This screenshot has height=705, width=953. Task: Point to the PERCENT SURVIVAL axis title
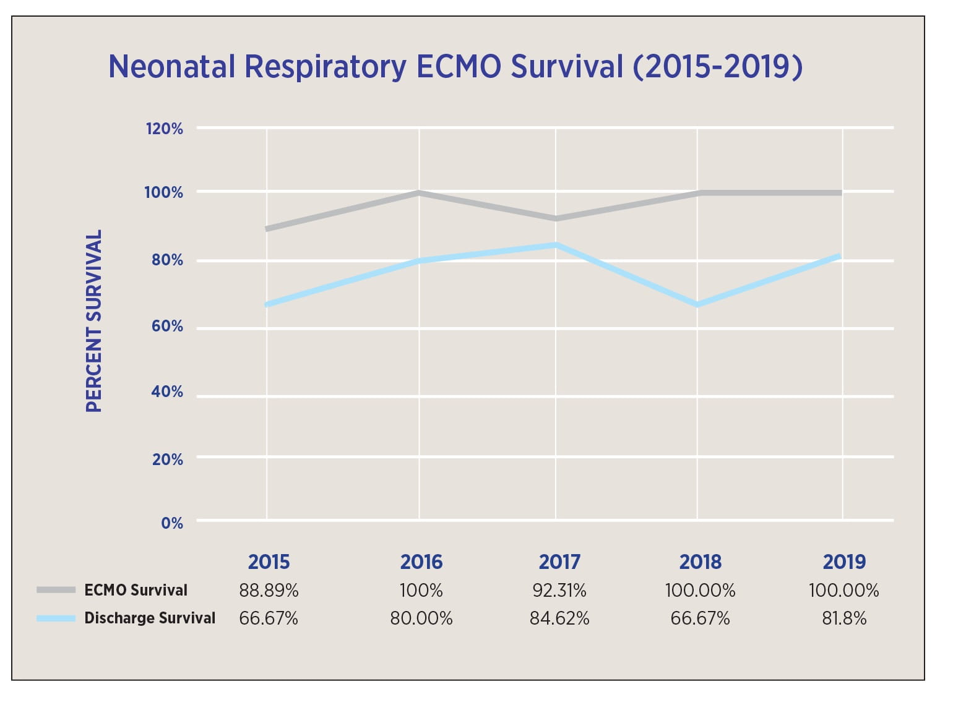pos(93,321)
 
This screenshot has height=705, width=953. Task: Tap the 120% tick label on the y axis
pos(164,129)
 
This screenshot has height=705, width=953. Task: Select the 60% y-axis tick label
pos(166,326)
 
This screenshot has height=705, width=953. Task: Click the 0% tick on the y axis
pos(172,523)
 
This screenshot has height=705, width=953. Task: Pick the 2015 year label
pos(269,562)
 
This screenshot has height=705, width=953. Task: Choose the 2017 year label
pos(559,562)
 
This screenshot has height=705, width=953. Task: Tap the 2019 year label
pos(844,562)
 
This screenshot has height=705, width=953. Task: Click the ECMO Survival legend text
pos(136,590)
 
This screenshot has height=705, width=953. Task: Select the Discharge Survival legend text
pos(150,618)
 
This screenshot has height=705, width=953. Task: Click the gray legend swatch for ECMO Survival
pos(56,590)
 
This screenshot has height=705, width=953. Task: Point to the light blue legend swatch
pos(56,618)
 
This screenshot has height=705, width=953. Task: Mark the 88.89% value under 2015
pos(269,591)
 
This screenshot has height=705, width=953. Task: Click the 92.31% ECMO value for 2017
pos(559,591)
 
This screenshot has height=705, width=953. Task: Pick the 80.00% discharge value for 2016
pos(421,618)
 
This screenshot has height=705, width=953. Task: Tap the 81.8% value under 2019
pos(844,618)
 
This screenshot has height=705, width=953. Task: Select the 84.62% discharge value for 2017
pos(559,618)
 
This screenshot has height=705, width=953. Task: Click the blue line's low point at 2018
pos(697,305)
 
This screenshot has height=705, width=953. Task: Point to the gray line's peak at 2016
pos(420,193)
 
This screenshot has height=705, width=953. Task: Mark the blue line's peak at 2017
pos(556,245)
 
